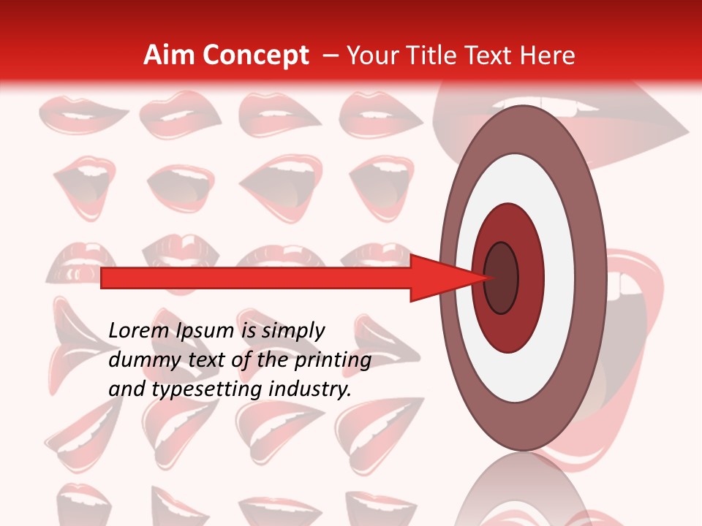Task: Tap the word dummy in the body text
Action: tap(140, 360)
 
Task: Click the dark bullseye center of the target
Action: tap(501, 278)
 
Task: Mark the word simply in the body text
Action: tap(292, 331)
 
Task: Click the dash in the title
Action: tap(329, 56)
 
